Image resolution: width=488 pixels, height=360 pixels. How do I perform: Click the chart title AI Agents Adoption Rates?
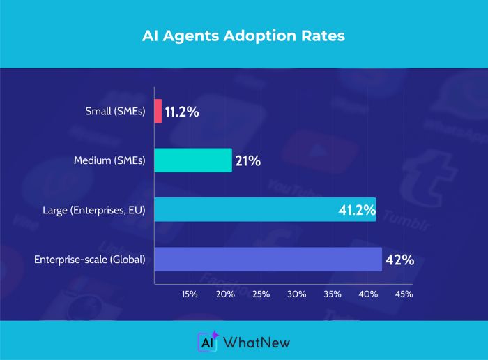[244, 36]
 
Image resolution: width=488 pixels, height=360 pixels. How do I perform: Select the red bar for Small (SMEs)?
[158, 110]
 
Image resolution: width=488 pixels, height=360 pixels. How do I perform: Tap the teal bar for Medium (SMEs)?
[192, 160]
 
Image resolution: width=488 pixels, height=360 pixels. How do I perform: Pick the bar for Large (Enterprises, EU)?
[264, 209]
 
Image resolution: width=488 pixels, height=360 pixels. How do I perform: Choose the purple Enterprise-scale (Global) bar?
[268, 259]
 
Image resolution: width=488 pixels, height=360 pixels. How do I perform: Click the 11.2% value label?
[183, 111]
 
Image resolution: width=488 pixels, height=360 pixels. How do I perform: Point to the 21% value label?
[248, 161]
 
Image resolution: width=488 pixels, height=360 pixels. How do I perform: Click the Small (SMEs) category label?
[115, 111]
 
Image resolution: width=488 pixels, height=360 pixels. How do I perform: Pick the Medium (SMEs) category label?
[109, 161]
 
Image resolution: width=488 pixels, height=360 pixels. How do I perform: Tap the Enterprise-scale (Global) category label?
[89, 260]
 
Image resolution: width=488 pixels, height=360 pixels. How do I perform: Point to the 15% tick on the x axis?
[190, 294]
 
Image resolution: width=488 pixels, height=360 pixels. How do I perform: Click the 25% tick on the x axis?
[261, 294]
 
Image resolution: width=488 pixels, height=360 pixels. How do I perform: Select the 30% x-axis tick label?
[297, 294]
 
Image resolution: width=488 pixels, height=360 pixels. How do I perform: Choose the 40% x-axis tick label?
[368, 294]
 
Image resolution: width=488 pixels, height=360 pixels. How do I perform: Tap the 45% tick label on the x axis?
[404, 294]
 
